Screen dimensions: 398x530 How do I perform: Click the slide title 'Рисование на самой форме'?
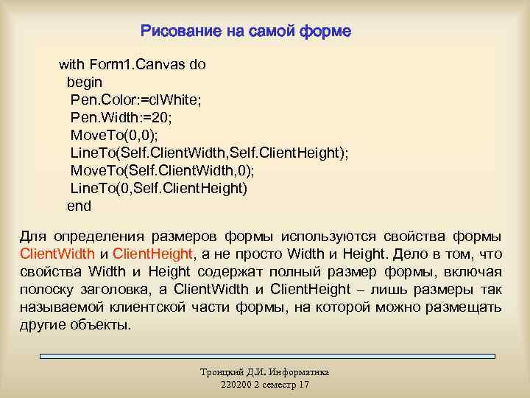(246, 32)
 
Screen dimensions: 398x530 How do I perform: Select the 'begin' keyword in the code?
(85, 82)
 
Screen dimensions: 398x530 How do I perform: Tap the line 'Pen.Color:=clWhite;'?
(135, 99)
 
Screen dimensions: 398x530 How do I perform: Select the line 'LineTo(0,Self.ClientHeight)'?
(159, 188)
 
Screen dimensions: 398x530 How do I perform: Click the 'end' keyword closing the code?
(79, 206)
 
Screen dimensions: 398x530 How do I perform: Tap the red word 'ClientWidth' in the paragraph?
(56, 254)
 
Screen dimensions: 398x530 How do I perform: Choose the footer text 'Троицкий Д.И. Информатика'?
(265, 372)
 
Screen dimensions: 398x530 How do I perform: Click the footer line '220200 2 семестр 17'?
(265, 385)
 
